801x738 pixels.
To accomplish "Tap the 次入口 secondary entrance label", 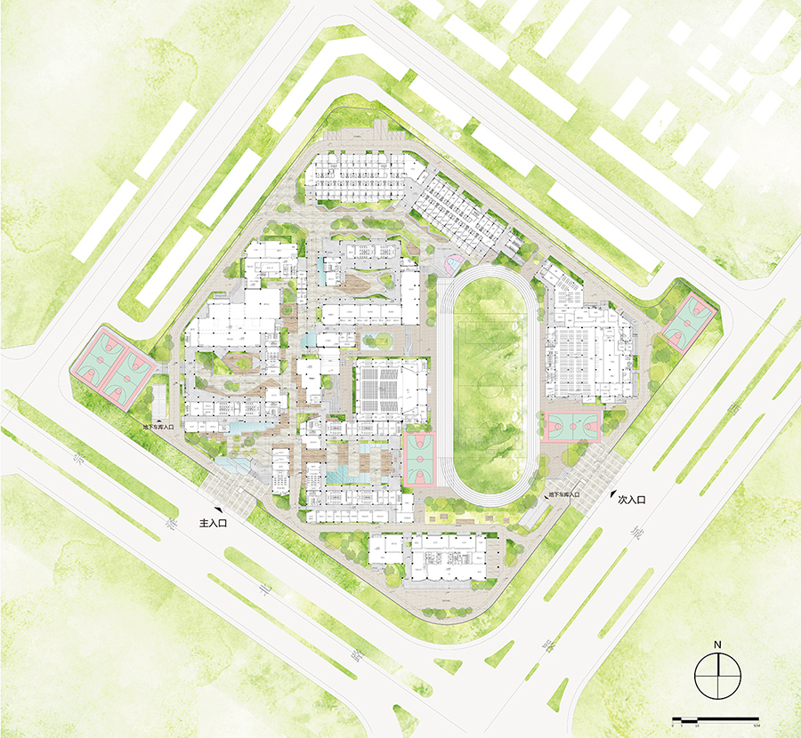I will pyautogui.click(x=631, y=501).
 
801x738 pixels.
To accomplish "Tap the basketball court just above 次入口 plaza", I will pyautogui.click(x=571, y=427).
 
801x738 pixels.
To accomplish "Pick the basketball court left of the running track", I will pyautogui.click(x=420, y=459).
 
